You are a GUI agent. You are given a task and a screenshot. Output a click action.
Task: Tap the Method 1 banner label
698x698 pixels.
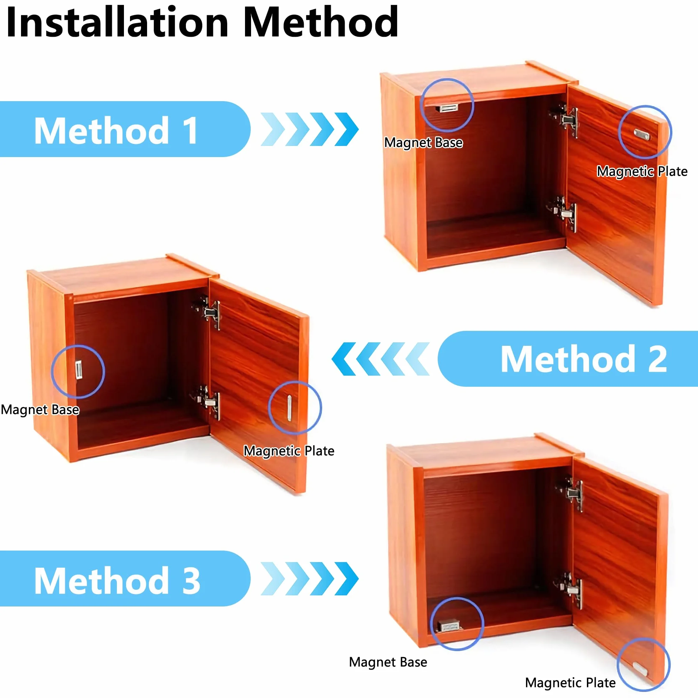[116, 130]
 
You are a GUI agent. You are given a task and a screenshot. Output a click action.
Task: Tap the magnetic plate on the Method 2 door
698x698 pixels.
[290, 408]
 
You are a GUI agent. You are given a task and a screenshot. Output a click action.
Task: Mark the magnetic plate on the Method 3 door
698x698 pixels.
[640, 669]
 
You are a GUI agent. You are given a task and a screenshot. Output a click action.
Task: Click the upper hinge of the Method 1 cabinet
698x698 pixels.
[566, 119]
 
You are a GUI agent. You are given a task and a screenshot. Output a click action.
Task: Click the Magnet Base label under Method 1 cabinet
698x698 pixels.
[423, 143]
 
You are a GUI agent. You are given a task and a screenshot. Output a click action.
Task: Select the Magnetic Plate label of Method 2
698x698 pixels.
[289, 451]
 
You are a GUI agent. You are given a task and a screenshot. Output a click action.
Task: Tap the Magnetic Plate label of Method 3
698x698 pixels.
[571, 683]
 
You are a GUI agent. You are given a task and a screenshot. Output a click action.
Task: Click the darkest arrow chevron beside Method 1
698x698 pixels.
[347, 129]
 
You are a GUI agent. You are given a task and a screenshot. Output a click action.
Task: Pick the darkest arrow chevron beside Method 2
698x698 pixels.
[344, 359]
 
